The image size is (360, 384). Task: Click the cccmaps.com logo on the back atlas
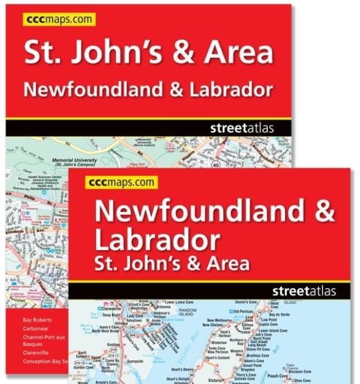[59, 20]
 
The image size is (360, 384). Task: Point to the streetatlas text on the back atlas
[241, 128]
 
